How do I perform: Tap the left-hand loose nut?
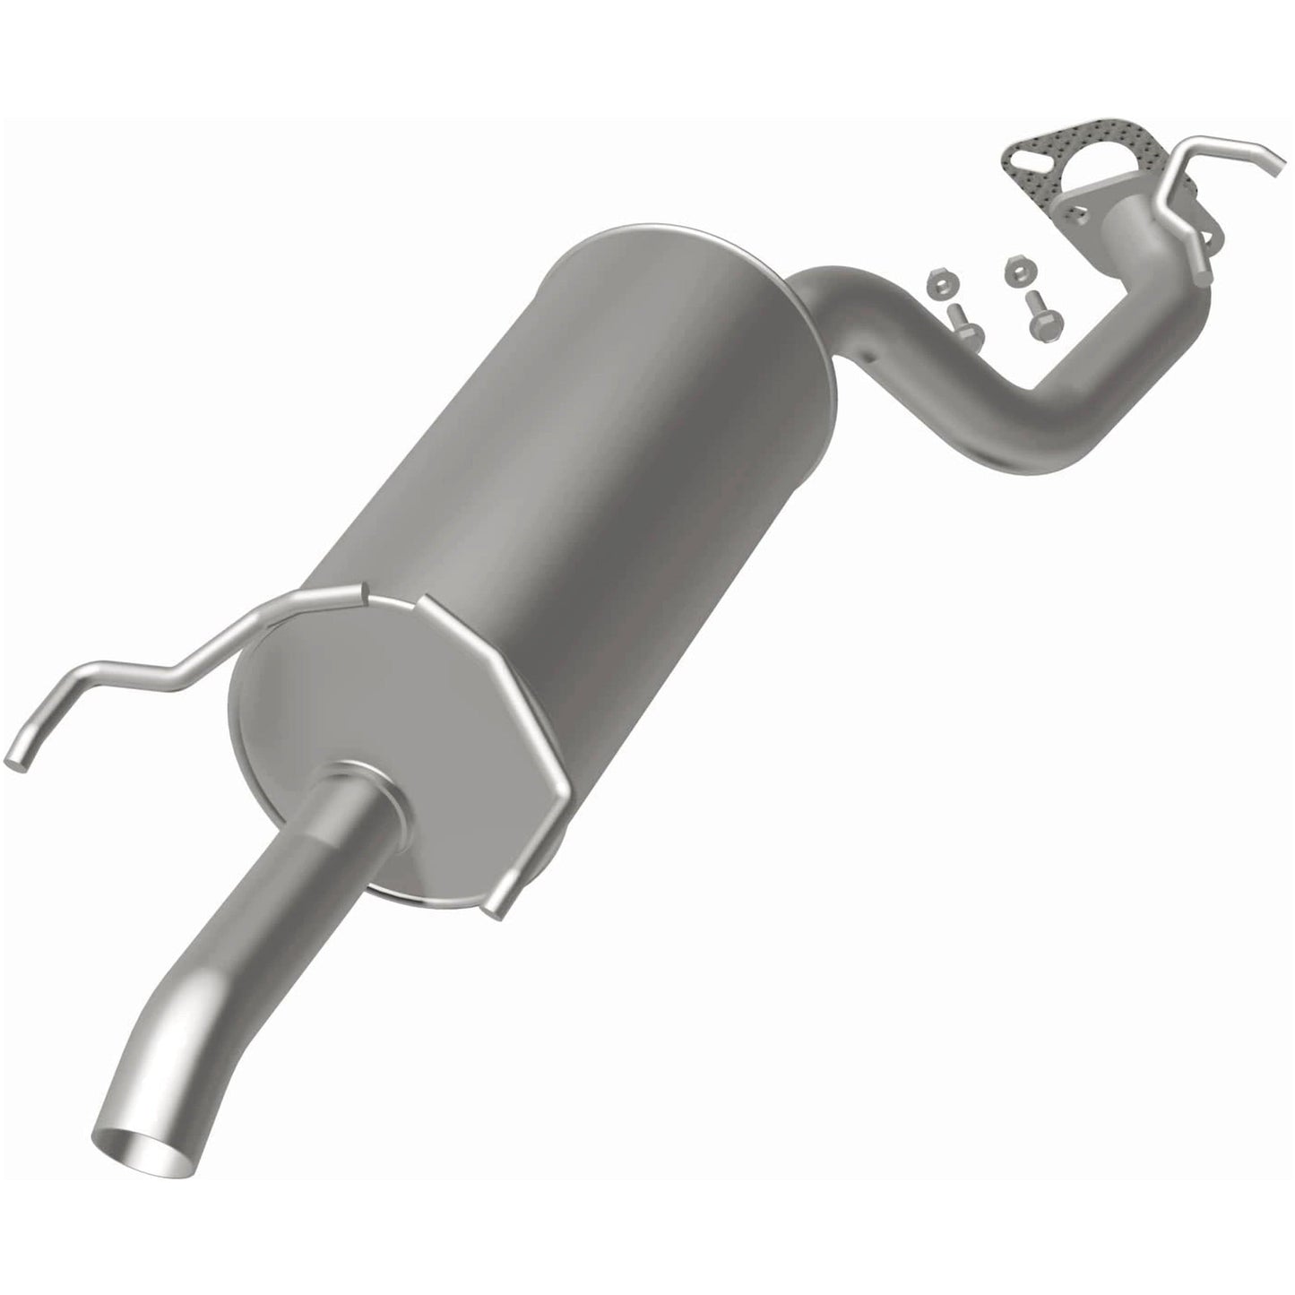(x=939, y=283)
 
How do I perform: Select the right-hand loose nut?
(x=1015, y=266)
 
